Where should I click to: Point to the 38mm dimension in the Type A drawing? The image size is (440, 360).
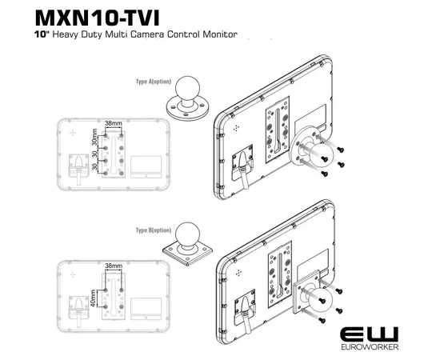114,124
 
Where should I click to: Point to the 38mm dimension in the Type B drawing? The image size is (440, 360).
114,264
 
